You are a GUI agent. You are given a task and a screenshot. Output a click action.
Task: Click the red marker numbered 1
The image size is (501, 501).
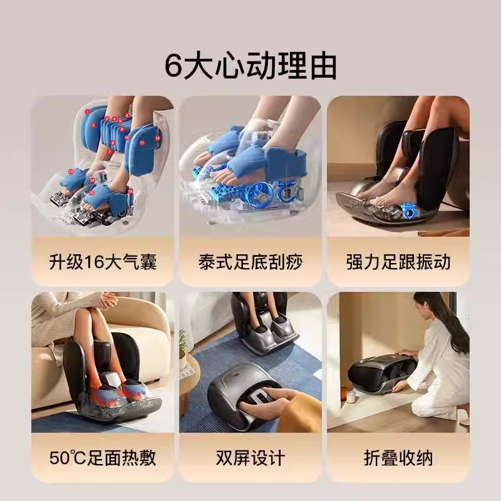87,111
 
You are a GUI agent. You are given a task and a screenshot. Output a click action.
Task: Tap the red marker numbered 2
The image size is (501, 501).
93,126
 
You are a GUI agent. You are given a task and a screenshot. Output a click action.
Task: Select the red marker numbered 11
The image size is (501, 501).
142,143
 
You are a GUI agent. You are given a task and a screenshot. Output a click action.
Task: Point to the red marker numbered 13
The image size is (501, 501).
71,172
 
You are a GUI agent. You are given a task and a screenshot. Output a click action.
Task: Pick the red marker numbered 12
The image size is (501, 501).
158,138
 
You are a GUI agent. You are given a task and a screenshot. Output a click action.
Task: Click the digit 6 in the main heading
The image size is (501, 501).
173,66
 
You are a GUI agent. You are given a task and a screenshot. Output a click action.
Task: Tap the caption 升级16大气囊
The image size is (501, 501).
103,262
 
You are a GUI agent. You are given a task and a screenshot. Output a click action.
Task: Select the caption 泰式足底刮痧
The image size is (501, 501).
250,262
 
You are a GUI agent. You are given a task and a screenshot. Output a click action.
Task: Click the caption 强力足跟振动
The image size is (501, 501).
398,262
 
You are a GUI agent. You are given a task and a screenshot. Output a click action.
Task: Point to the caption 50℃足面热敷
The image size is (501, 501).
103,458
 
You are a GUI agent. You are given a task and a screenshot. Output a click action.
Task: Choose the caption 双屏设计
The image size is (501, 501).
250,458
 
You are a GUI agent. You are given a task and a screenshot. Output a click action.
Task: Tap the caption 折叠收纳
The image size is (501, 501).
398,458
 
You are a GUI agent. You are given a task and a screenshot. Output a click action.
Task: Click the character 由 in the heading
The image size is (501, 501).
324,66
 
